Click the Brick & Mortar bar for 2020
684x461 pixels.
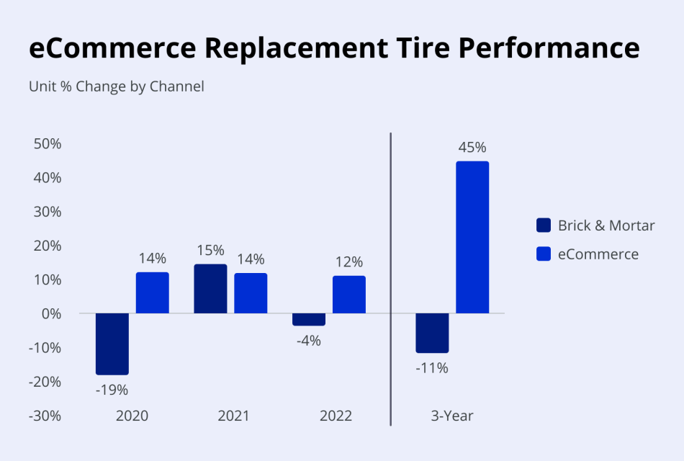click(x=112, y=344)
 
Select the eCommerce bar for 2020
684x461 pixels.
click(x=153, y=292)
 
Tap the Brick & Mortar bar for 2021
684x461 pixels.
click(x=210, y=289)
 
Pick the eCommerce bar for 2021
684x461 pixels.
click(x=251, y=293)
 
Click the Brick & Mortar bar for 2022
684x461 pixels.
click(x=309, y=320)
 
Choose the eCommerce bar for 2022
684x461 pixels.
click(x=349, y=295)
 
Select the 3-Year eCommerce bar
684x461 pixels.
click(x=472, y=238)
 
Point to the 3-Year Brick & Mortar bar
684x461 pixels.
click(x=432, y=333)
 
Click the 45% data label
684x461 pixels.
click(x=472, y=148)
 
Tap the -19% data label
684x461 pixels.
click(x=112, y=390)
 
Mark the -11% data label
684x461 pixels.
click(x=432, y=368)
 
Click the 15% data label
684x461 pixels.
click(x=210, y=251)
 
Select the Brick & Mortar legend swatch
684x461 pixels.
click(x=544, y=225)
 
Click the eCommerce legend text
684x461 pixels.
click(x=598, y=254)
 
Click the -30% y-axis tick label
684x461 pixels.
click(x=45, y=416)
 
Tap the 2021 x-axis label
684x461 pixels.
click(x=233, y=416)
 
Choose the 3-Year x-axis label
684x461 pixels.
click(x=452, y=416)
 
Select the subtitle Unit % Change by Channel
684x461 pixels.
click(x=117, y=86)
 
